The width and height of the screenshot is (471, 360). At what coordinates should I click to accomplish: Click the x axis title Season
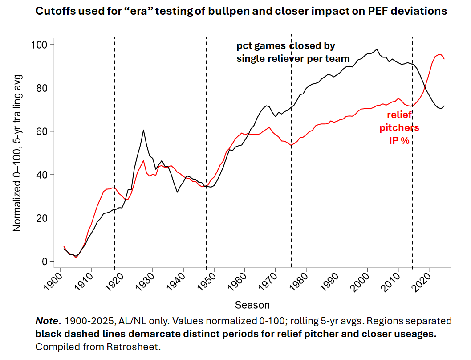(252, 305)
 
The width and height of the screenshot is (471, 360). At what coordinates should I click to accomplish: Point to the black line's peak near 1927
(143, 130)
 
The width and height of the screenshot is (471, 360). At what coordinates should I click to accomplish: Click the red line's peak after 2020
(439, 55)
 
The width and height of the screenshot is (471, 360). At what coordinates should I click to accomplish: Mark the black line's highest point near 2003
(377, 49)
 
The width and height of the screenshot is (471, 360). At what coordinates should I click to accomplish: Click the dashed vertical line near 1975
(291, 178)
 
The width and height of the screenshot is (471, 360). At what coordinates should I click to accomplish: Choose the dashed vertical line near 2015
(413, 178)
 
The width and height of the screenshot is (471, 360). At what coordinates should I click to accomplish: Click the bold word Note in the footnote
(46, 321)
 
